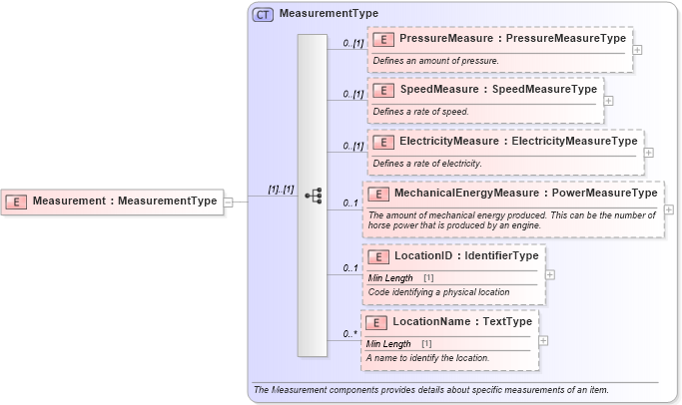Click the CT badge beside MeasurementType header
[263, 14]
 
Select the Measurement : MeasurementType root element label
[124, 201]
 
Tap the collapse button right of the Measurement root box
[229, 202]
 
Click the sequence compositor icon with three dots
[313, 196]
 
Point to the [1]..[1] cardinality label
[281, 190]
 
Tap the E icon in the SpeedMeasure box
[382, 90]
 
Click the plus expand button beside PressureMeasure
[638, 49]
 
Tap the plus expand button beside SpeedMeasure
[609, 100]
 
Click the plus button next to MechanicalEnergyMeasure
[669, 209]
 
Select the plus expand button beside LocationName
[543, 340]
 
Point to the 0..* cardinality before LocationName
[350, 334]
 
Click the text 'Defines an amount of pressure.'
[435, 61]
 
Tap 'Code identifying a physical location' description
[438, 292]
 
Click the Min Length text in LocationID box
[390, 277]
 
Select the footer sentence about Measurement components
[431, 389]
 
